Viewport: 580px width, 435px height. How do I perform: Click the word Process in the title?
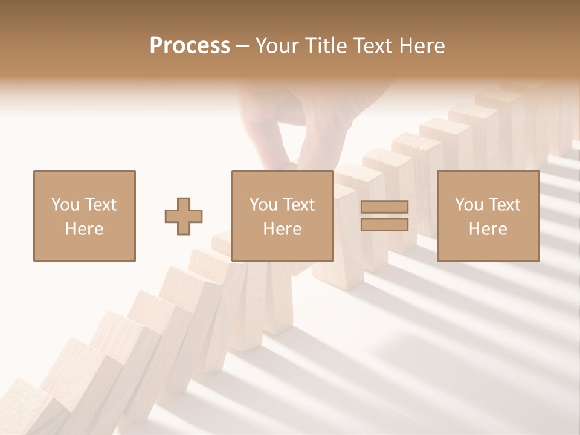190,46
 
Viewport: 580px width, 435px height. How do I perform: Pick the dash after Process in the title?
242,47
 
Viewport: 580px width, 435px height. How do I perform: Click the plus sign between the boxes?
184,216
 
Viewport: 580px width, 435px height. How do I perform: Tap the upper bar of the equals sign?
384,207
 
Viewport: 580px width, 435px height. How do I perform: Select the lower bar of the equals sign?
384,225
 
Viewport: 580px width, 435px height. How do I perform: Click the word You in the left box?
65,205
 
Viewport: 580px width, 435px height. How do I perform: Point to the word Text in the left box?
100,205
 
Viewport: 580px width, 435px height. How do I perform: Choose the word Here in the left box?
84,229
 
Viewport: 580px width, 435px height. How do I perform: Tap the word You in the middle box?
263,205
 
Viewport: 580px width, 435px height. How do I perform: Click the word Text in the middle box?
298,205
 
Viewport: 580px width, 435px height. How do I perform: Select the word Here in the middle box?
282,229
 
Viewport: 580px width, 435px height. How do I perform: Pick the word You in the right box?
469,205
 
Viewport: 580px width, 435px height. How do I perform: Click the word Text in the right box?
504,205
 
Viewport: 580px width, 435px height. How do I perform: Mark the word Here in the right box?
488,229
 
